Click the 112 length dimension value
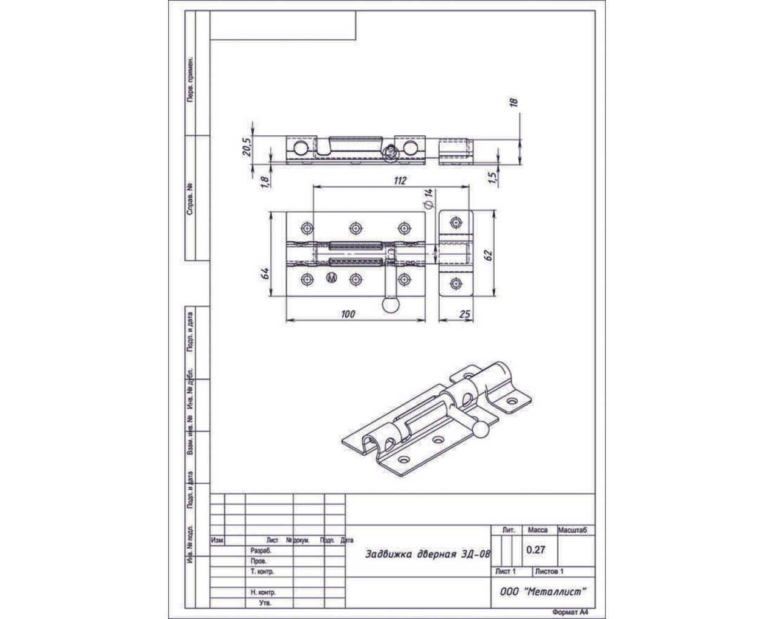coord(400,180)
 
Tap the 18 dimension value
coord(515,103)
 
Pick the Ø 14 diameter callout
coord(429,199)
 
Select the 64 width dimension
coord(264,272)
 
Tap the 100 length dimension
coord(348,314)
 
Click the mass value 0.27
coord(536,550)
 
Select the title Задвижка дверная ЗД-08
coord(428,554)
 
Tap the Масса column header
coord(538,530)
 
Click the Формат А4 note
coord(570,612)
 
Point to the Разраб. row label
coord(260,551)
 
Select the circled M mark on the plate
coord(331,279)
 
